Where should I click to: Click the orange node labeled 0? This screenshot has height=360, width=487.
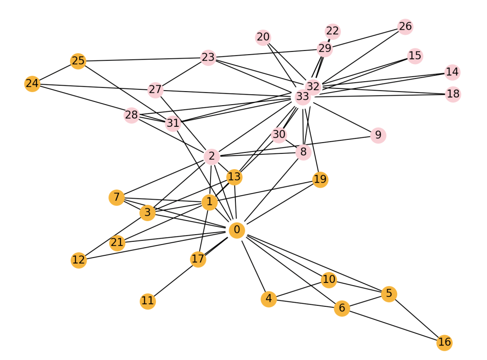coord(237,230)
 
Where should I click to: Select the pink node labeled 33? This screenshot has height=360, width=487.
coord(303,97)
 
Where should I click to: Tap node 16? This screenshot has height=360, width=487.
coord(444,342)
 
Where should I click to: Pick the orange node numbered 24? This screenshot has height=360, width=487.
coord(32,83)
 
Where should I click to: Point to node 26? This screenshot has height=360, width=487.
coord(405,27)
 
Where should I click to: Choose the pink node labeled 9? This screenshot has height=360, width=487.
coord(378,135)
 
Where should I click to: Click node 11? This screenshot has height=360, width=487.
coord(148,301)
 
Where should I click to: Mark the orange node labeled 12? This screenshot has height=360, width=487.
coord(78,260)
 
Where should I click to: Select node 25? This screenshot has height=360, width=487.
coord(78,60)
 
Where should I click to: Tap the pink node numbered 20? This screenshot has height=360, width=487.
coord(263,37)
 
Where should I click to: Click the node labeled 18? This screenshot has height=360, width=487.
coord(453,94)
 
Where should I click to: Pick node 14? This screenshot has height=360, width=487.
coord(452,72)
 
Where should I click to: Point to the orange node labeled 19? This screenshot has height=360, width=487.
coord(320,180)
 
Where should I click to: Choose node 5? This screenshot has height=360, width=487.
coord(389,294)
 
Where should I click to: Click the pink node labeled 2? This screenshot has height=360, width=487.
coord(211,157)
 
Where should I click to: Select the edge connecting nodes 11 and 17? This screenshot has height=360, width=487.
coord(173,280)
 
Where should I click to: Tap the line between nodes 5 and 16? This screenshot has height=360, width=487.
coord(417,318)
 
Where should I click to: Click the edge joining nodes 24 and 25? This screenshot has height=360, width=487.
coord(55,72)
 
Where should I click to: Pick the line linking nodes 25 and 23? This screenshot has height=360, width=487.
coord(143,59)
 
